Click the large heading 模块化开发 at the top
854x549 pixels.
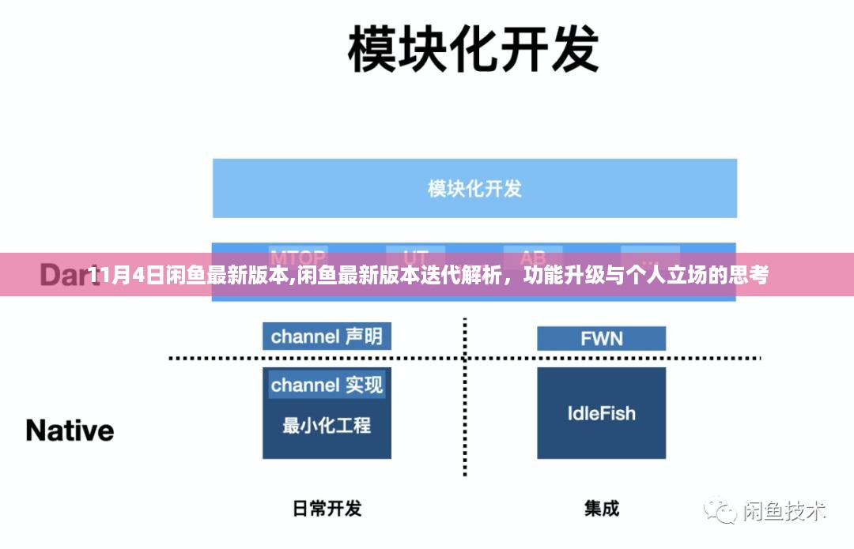[x=473, y=49]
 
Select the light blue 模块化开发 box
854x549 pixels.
[x=474, y=188]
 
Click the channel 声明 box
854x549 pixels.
[x=327, y=337]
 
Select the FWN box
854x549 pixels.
[x=601, y=338]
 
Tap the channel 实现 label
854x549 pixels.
[x=327, y=385]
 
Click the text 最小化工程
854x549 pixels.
[x=327, y=425]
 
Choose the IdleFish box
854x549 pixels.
[x=601, y=412]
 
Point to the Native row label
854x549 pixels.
[x=70, y=431]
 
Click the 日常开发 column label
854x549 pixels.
[x=327, y=508]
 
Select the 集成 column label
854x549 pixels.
[x=602, y=508]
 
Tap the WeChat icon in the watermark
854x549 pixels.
[x=720, y=510]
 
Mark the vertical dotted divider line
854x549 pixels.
[x=464, y=395]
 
